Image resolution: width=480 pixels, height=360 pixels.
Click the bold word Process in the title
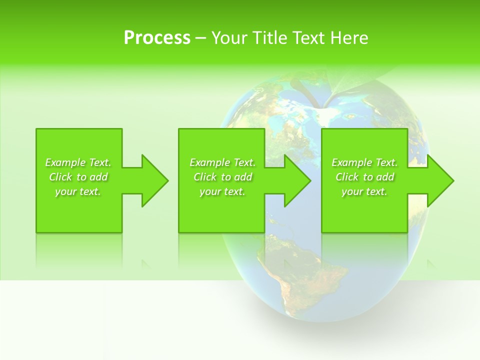157,38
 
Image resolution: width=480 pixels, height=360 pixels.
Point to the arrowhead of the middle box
297,180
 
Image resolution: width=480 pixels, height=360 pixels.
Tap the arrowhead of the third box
440,180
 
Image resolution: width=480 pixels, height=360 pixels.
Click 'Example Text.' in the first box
78,162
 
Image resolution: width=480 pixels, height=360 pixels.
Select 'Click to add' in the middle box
222,177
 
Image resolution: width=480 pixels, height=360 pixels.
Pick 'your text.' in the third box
364,191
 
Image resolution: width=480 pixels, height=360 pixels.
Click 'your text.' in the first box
78,191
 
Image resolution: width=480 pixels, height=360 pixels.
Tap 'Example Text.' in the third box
364,162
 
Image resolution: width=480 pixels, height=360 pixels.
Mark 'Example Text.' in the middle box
222,162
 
